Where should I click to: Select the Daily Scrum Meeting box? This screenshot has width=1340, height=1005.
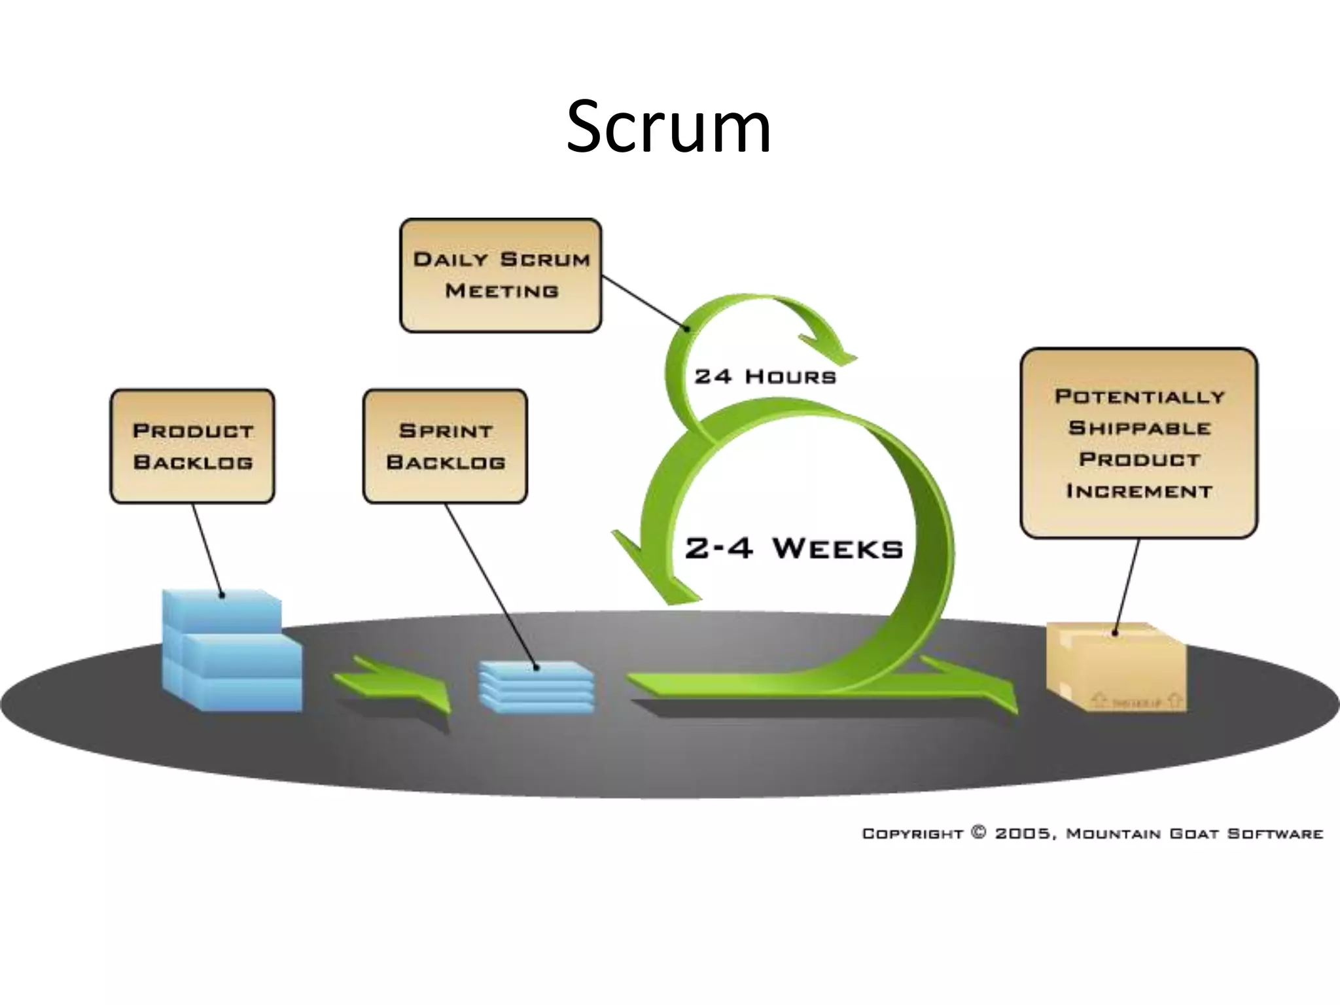501,275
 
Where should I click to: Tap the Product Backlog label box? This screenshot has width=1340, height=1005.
192,446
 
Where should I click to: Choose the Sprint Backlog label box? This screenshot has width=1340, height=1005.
445,446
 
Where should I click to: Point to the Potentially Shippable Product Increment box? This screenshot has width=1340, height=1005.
1138,443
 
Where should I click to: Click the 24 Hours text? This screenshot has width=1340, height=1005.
765,377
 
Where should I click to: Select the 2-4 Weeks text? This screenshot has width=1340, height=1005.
793,548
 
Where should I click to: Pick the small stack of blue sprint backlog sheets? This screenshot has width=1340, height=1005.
537,687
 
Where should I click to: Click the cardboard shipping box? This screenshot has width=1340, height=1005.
1116,667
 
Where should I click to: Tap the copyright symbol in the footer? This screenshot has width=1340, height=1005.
978,833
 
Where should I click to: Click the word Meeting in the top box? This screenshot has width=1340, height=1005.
502,291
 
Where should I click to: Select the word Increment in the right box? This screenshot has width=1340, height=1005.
1139,491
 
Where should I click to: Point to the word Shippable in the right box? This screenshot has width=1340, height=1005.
1139,428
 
